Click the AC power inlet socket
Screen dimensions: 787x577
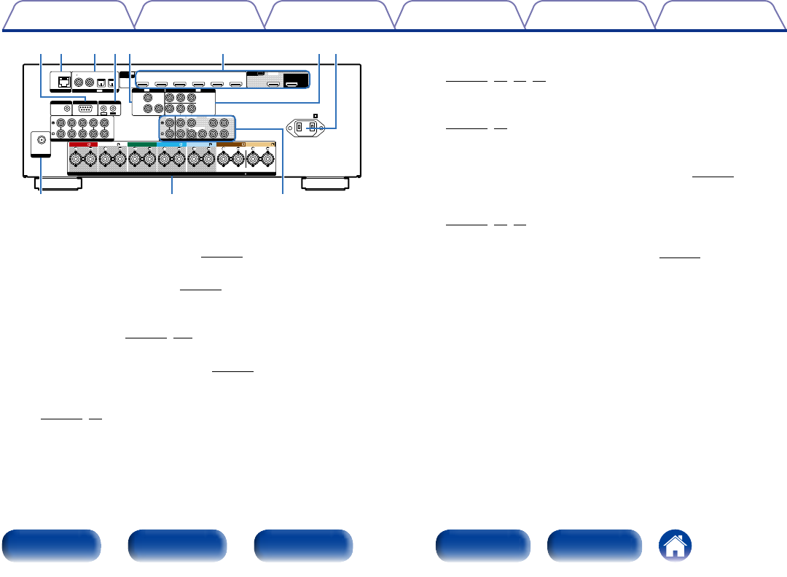[x=306, y=128]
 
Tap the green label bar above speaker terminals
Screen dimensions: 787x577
[x=141, y=144]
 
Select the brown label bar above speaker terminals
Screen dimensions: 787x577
[x=230, y=144]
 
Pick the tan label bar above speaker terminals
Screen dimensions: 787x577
[x=260, y=144]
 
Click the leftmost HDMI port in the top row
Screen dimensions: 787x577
[x=144, y=85]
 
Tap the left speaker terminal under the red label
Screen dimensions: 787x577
[x=74, y=159]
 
